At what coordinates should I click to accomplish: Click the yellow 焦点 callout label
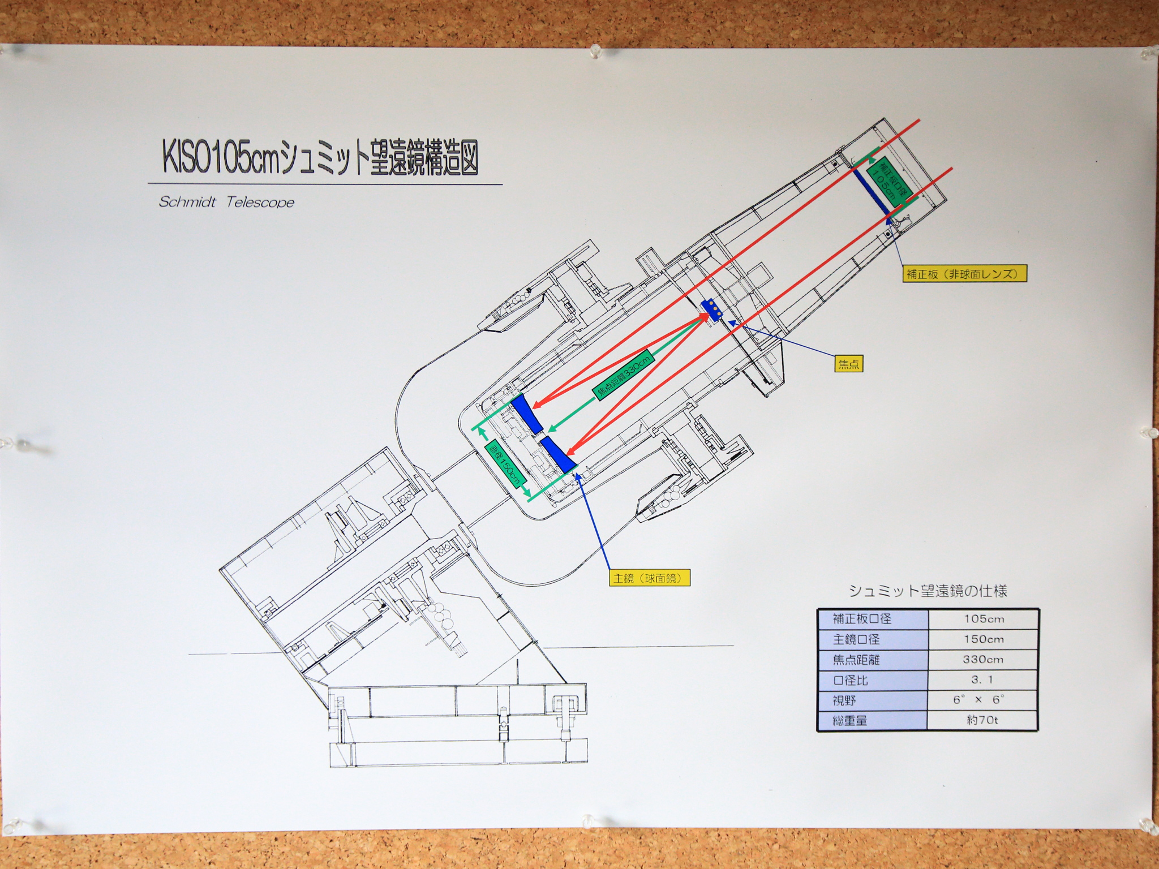[848, 363]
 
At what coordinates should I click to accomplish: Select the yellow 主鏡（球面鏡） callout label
[645, 578]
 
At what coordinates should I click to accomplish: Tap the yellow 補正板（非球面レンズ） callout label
[964, 274]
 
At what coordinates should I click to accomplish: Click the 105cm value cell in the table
[984, 618]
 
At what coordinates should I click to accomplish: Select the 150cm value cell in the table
[984, 639]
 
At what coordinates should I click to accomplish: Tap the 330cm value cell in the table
[984, 660]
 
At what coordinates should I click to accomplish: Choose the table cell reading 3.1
[984, 680]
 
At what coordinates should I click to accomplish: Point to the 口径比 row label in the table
[851, 680]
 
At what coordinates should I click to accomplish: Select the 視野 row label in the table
[844, 700]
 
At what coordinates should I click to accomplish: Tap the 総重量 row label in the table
[851, 721]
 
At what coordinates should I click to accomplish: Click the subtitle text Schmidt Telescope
[226, 203]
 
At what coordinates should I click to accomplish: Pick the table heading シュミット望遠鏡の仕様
[928, 591]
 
